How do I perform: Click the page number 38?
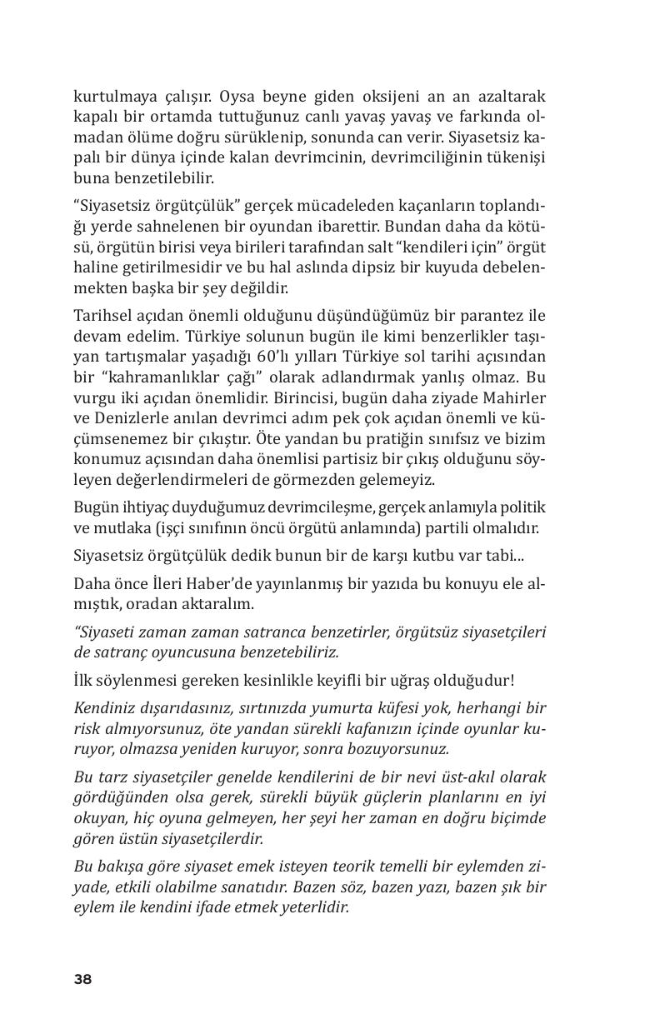click(x=82, y=979)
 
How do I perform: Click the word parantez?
click(x=487, y=315)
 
